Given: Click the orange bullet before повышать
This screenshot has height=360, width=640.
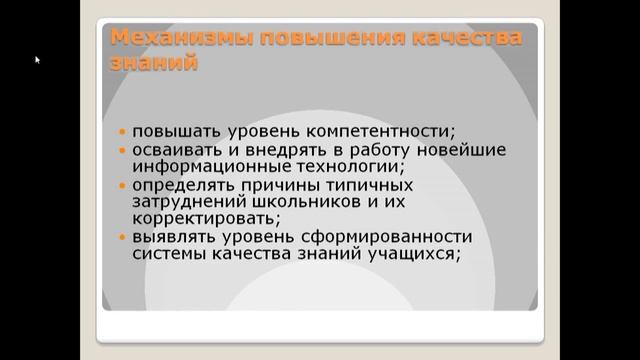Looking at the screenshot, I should tap(122, 132).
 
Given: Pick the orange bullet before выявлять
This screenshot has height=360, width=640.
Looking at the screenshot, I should tap(122, 238).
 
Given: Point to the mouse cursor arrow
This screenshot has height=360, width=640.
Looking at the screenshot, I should tap(38, 60).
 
